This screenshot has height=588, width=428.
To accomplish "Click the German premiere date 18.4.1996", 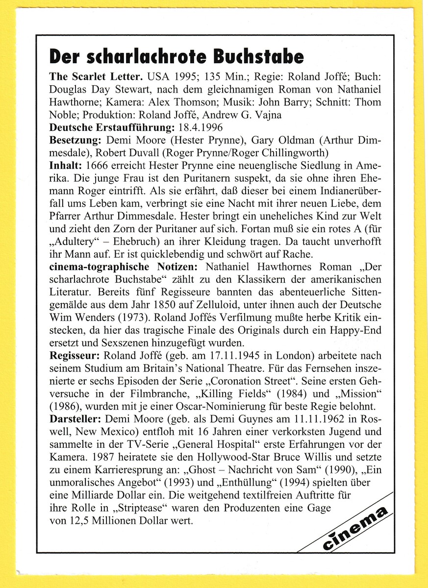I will tap(200, 128).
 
